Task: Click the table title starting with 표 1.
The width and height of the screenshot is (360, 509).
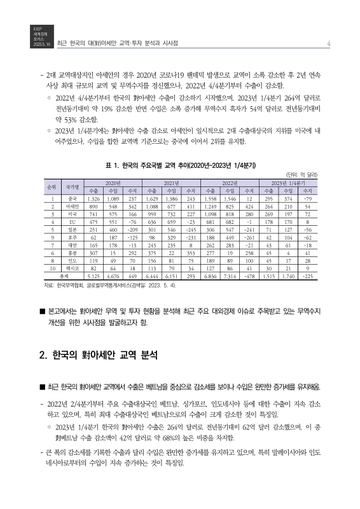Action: [x=180, y=165]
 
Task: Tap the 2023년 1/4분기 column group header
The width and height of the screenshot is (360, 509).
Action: [x=289, y=183]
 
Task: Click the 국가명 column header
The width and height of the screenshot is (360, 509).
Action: [x=73, y=186]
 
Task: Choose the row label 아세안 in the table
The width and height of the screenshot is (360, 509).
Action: [x=73, y=207]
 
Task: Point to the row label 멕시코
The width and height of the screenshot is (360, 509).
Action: [x=73, y=269]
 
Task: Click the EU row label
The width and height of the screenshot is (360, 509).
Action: [x=73, y=223]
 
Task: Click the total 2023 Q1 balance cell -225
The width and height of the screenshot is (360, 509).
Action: [x=307, y=277]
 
